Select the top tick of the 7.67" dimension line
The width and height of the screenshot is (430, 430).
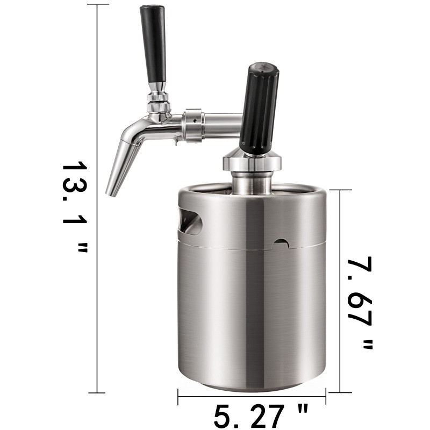pyautogui.click(x=341, y=190)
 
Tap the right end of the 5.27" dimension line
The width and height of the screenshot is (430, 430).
pyautogui.click(x=326, y=397)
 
